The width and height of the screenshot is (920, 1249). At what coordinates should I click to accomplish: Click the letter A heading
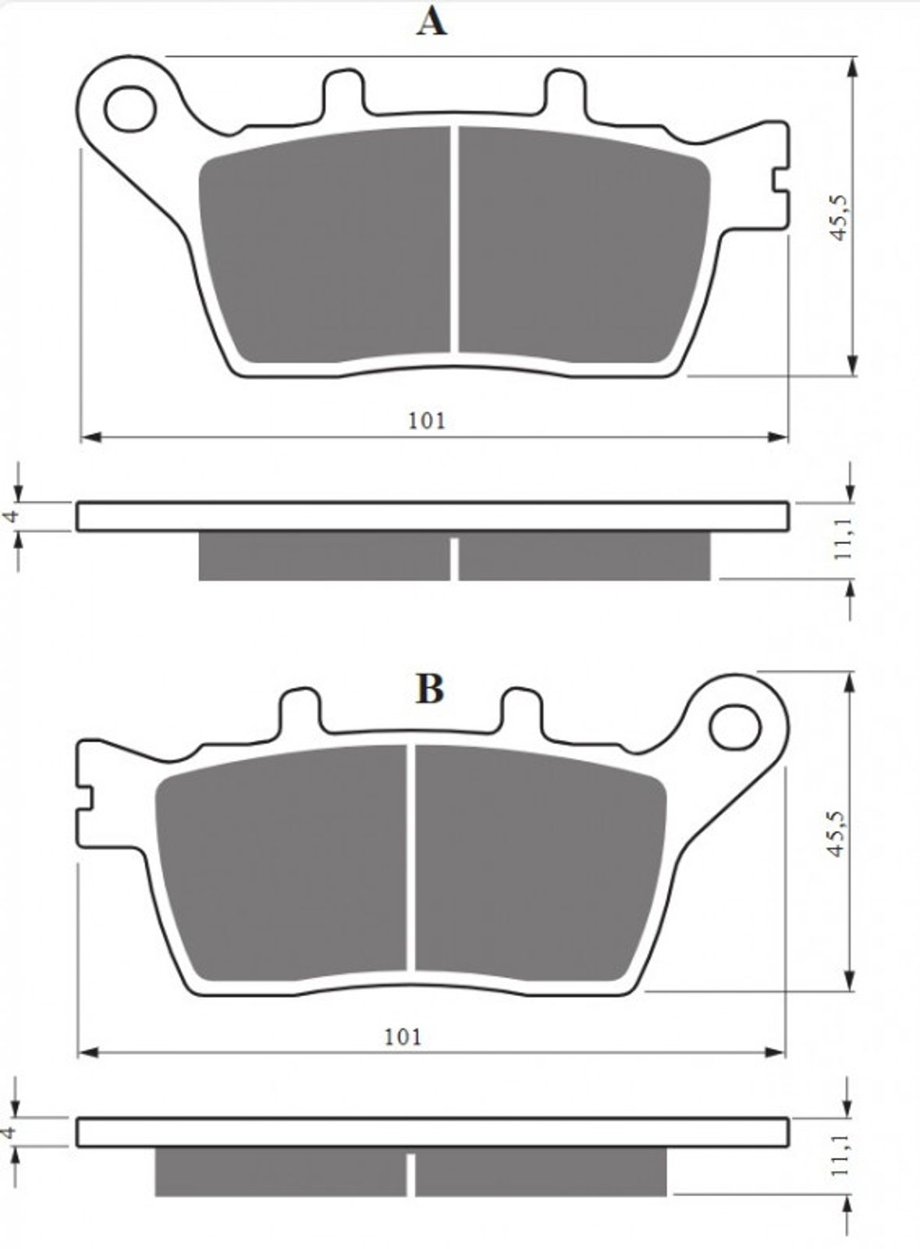click(432, 23)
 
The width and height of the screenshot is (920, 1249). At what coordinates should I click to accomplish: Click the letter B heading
click(430, 689)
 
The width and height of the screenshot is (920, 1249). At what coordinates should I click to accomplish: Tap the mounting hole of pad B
click(734, 727)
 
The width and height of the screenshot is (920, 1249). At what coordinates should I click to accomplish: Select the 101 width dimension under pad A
click(428, 421)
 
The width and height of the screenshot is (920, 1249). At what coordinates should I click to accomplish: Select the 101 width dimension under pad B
click(403, 1037)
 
